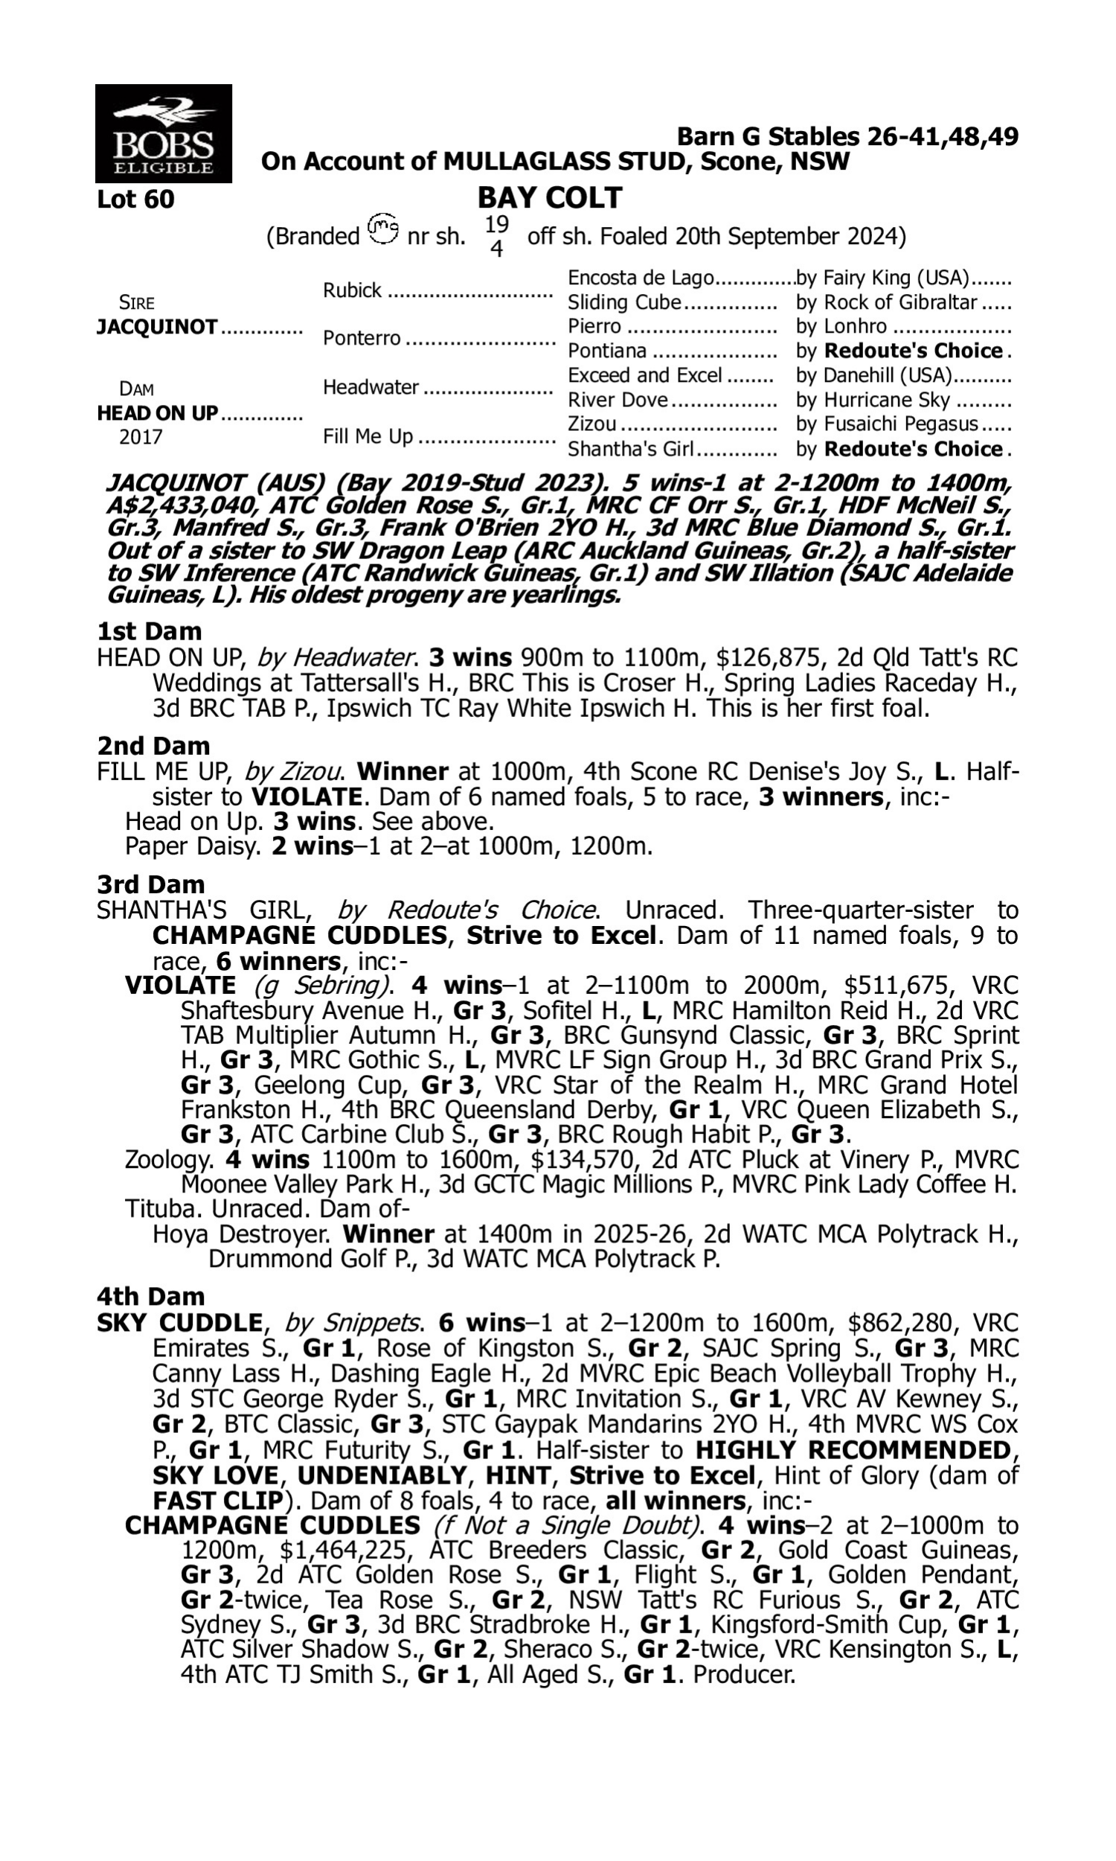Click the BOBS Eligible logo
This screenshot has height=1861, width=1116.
(163, 133)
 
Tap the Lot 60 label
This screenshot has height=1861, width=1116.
(135, 199)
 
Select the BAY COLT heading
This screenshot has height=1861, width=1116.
(549, 198)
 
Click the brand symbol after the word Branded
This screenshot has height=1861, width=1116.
(383, 228)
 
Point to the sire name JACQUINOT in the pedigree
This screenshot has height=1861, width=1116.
(157, 328)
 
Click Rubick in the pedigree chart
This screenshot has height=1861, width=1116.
(352, 290)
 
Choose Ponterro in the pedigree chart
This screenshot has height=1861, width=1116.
(362, 339)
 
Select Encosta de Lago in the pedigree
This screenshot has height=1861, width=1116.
(640, 278)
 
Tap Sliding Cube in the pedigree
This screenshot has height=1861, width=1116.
(624, 302)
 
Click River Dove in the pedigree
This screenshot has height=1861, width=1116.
(618, 400)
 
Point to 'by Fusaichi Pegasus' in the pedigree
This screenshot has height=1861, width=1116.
(888, 424)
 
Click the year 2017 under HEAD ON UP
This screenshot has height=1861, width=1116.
(141, 438)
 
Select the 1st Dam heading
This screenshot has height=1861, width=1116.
(150, 631)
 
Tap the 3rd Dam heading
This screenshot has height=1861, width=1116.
(151, 884)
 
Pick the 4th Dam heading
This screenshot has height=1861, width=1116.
(151, 1297)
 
